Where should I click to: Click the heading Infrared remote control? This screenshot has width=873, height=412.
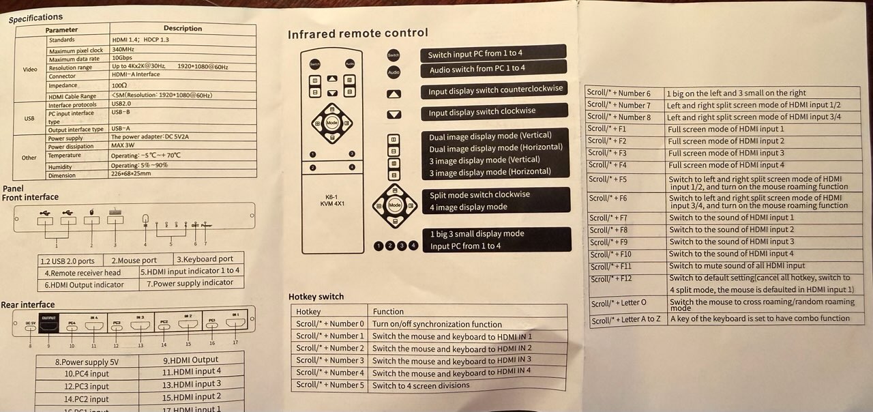[357, 33]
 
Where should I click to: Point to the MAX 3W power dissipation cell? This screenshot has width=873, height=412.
[125, 146]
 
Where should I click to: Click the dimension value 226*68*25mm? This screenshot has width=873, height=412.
[131, 174]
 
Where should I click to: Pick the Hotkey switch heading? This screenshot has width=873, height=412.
[316, 297]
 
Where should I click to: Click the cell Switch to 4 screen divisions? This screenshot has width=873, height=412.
[421, 385]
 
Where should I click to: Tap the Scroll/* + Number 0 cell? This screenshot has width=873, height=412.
[330, 324]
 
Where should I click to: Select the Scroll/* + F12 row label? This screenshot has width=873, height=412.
[612, 278]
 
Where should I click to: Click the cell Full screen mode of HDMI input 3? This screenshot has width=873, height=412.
[726, 153]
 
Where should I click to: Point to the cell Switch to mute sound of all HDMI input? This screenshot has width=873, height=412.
[737, 265]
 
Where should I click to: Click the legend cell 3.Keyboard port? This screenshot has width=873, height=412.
[205, 259]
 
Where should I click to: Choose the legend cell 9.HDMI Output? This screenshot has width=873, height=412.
[190, 360]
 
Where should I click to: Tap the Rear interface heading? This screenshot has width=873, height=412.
[28, 305]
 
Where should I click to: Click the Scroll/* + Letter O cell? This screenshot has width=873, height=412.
[619, 303]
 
